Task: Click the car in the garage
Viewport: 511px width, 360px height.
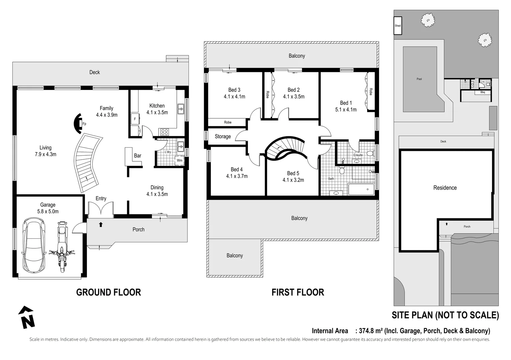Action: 34,245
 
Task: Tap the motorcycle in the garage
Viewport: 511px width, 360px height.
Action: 62,247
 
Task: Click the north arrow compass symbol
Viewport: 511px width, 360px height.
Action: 27,317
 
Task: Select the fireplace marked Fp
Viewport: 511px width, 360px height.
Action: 78,124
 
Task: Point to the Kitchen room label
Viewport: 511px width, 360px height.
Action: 157,106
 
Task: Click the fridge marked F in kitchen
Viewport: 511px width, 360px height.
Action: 135,119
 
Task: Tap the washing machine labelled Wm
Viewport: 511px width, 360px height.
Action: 180,160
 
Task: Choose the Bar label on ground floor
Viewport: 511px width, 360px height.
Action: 138,155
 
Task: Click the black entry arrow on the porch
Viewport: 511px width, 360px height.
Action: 101,224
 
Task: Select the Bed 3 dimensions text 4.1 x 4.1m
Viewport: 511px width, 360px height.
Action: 235,97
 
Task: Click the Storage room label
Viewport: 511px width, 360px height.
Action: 223,137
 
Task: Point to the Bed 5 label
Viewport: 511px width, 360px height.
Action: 293,173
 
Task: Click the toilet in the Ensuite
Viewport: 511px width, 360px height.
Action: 370,153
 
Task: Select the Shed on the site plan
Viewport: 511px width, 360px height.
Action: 398,26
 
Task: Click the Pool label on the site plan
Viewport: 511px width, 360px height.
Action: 419,79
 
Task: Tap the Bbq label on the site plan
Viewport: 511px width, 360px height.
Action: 482,92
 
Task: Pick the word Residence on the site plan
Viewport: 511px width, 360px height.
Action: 445,188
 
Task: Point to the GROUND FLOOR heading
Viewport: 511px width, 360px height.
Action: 109,292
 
